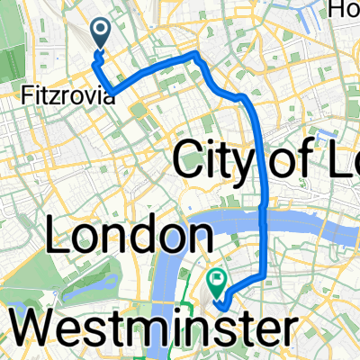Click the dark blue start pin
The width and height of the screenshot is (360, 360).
tap(98, 34)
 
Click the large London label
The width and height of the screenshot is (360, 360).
tap(124, 238)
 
